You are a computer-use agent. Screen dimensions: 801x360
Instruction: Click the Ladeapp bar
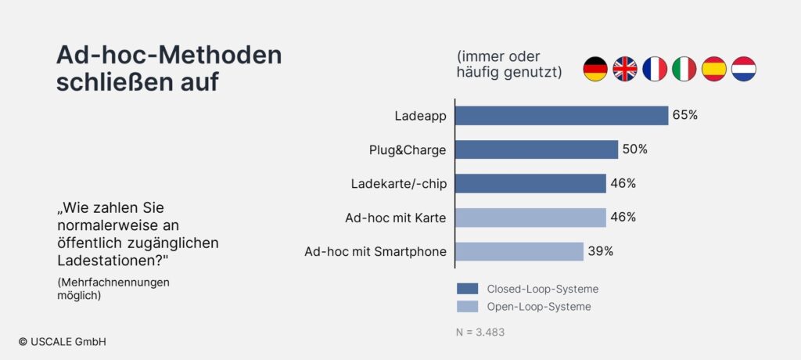tap(562, 116)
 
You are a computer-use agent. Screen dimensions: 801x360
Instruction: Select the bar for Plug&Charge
tap(537, 149)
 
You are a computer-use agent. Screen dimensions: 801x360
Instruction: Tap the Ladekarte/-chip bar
tap(530, 184)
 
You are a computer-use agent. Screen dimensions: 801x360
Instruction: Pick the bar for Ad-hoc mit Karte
tap(530, 218)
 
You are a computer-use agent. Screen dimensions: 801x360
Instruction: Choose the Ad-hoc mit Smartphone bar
tap(519, 251)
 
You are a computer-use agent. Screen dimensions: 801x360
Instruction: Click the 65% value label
tap(685, 115)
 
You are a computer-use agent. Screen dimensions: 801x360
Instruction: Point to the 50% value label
tap(635, 149)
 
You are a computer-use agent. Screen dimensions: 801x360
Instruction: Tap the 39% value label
tap(600, 251)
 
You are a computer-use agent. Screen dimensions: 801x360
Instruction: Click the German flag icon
tap(595, 69)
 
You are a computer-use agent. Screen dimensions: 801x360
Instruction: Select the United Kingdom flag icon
tap(625, 69)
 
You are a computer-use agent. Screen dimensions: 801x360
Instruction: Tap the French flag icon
tap(655, 69)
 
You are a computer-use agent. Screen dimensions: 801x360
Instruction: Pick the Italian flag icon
tap(684, 69)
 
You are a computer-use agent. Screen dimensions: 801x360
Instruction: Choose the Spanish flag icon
tap(713, 69)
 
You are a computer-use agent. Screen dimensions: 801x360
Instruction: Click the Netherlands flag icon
tap(744, 69)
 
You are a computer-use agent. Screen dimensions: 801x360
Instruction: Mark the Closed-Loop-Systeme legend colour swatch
tap(468, 289)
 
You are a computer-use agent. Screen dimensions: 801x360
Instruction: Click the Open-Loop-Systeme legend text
tap(539, 307)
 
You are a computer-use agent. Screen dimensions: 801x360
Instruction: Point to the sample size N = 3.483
tap(480, 333)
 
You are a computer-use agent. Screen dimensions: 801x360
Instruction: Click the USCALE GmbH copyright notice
tap(63, 342)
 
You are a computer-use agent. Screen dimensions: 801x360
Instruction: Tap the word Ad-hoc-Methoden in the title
tap(169, 56)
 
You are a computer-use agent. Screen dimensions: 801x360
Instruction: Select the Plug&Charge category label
tap(408, 150)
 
